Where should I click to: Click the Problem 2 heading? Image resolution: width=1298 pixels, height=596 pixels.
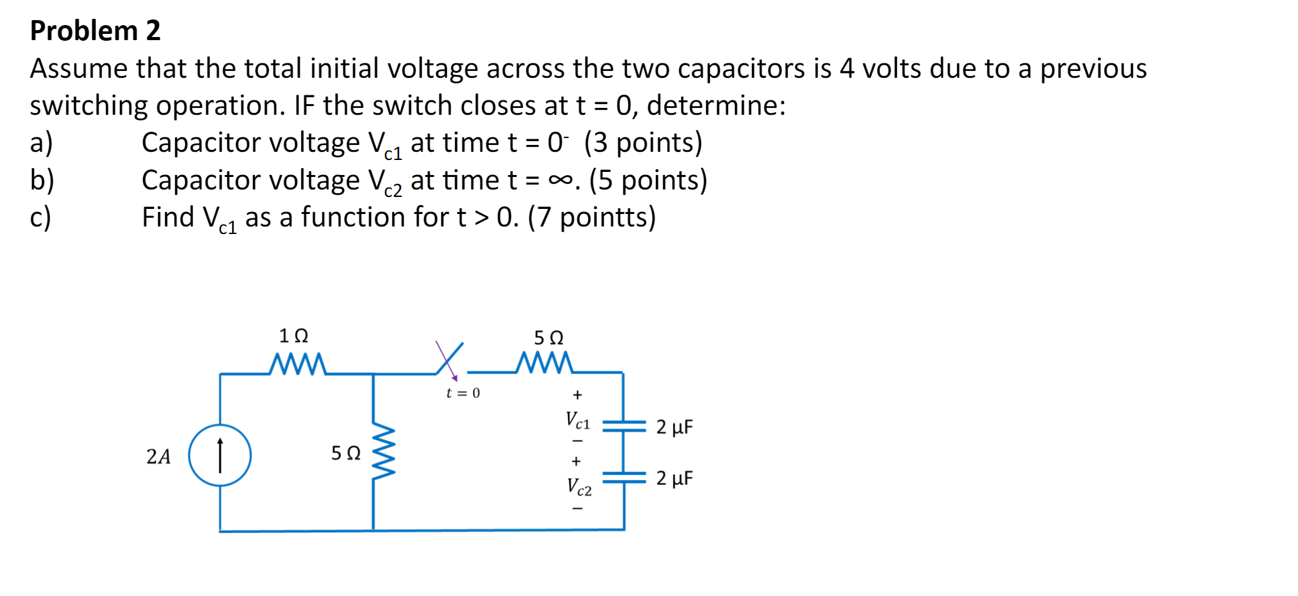tap(95, 31)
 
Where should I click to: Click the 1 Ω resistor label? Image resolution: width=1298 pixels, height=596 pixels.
tap(293, 336)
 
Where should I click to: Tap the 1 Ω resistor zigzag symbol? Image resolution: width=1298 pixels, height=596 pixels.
tap(298, 364)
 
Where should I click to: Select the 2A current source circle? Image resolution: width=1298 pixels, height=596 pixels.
tap(220, 455)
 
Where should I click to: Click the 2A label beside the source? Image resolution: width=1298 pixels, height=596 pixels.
tap(158, 457)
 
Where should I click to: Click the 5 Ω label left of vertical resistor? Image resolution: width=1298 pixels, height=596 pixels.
tap(346, 453)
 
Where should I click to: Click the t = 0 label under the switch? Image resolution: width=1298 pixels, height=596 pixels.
tap(463, 393)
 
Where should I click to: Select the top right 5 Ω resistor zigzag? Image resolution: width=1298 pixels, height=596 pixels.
tap(544, 363)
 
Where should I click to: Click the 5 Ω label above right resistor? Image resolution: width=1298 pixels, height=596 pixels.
tap(549, 338)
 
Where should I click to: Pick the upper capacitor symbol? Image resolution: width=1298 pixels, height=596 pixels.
tap(624, 427)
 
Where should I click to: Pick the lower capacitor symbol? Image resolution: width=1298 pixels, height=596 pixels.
tap(624, 478)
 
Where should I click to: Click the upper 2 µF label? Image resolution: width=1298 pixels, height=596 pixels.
tap(675, 427)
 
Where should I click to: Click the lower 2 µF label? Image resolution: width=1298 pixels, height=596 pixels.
tap(675, 479)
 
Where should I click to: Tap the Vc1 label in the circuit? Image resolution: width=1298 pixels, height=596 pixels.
tap(577, 420)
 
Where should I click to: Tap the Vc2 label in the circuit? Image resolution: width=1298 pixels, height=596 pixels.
tap(579, 487)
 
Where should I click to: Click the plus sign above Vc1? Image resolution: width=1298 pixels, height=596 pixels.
tap(577, 395)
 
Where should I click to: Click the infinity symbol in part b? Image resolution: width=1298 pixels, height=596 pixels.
tap(560, 181)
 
